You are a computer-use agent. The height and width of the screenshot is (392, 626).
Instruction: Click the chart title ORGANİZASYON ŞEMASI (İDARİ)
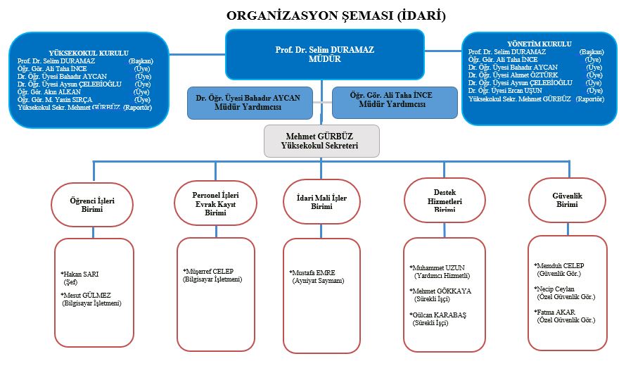coord(336,15)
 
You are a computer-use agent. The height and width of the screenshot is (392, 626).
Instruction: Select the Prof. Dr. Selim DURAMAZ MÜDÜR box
coord(324,54)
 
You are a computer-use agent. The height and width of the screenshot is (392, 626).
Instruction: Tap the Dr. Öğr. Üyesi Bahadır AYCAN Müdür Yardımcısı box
coord(248,102)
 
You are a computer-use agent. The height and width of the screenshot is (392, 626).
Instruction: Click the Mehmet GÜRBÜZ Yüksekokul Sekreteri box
coord(321,141)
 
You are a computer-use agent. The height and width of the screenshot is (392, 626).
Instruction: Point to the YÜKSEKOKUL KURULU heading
coord(89,53)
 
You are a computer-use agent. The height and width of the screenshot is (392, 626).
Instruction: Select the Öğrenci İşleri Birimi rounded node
coord(92,205)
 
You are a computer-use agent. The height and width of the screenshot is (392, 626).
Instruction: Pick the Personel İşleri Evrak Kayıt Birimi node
coord(206,203)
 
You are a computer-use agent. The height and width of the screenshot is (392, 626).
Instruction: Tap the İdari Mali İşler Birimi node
coord(321,203)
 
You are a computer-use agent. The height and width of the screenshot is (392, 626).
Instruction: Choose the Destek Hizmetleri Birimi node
coord(445,201)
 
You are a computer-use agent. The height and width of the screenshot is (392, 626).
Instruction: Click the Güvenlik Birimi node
coord(567,200)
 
